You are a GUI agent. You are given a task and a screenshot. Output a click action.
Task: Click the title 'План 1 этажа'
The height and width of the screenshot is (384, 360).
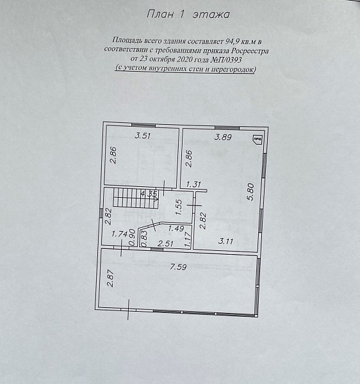[x=188, y=14]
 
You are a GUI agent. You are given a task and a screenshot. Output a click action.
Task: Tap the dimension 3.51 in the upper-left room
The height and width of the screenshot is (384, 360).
[x=143, y=136]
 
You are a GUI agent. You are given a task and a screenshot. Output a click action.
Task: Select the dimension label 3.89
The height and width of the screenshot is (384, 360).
[x=223, y=137]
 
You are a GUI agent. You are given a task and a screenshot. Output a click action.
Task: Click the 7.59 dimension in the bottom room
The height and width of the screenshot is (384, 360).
[x=179, y=267]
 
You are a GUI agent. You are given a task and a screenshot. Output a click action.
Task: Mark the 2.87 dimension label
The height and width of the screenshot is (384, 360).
[x=110, y=278]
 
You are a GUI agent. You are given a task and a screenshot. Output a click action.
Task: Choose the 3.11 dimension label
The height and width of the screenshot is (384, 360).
[x=225, y=242]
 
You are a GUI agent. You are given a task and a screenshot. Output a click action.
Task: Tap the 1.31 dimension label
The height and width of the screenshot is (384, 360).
[x=193, y=184]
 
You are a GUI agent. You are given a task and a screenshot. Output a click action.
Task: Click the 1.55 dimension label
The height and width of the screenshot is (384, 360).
[x=179, y=207]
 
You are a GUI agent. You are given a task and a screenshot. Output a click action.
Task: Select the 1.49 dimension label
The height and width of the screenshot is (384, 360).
[x=176, y=228]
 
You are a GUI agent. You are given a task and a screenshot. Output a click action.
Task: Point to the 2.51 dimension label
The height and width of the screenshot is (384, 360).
[x=166, y=244]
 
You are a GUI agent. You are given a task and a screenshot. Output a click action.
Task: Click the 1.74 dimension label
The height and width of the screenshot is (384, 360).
[x=119, y=234]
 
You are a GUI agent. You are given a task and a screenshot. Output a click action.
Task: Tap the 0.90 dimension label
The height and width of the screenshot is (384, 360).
[x=132, y=237]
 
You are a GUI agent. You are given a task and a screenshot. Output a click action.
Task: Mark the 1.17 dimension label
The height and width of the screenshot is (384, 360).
[x=188, y=239]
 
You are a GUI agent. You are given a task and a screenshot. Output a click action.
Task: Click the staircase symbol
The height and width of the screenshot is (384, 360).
[x=136, y=197]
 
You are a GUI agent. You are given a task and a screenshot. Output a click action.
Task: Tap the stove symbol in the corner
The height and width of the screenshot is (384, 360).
[x=258, y=139]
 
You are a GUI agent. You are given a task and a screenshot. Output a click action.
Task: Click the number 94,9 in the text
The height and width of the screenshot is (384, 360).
[x=232, y=41]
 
